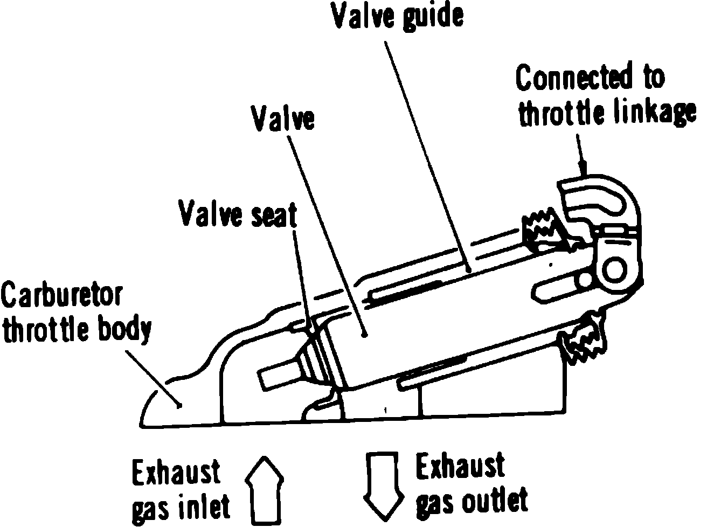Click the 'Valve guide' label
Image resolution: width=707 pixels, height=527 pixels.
click(x=397, y=16)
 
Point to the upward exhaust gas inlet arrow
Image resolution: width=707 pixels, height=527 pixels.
click(x=264, y=488)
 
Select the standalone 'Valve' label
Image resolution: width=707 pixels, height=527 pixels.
click(x=283, y=118)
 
